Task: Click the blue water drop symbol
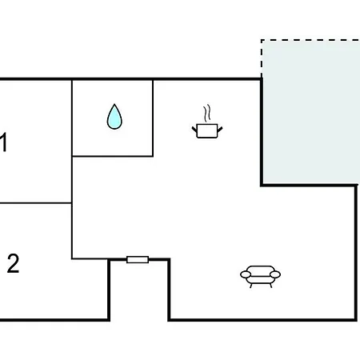pyautogui.click(x=114, y=118)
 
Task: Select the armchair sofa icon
pyautogui.click(x=260, y=276)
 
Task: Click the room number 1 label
pyautogui.click(x=3, y=142)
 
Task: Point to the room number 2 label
pyautogui.click(x=13, y=263)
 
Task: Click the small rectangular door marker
pyautogui.click(x=138, y=259)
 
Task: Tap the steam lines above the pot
pyautogui.click(x=207, y=114)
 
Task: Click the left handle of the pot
pyautogui.click(x=194, y=130)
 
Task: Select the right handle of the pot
pyautogui.click(x=220, y=130)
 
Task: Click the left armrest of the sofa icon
pyautogui.click(x=246, y=274)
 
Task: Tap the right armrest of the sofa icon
pyautogui.click(x=275, y=274)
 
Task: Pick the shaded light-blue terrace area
pyautogui.click(x=311, y=112)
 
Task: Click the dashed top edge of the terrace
pyautogui.click(x=310, y=40)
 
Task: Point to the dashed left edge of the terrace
pyautogui.click(x=262, y=58)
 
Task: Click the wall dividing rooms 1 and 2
pyautogui.click(x=36, y=203)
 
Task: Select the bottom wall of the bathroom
pyautogui.click(x=112, y=156)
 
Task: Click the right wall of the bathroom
pyautogui.click(x=153, y=118)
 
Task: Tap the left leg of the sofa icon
pyautogui.click(x=251, y=286)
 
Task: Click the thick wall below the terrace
pyautogui.click(x=310, y=185)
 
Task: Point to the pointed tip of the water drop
pyautogui.click(x=114, y=104)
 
